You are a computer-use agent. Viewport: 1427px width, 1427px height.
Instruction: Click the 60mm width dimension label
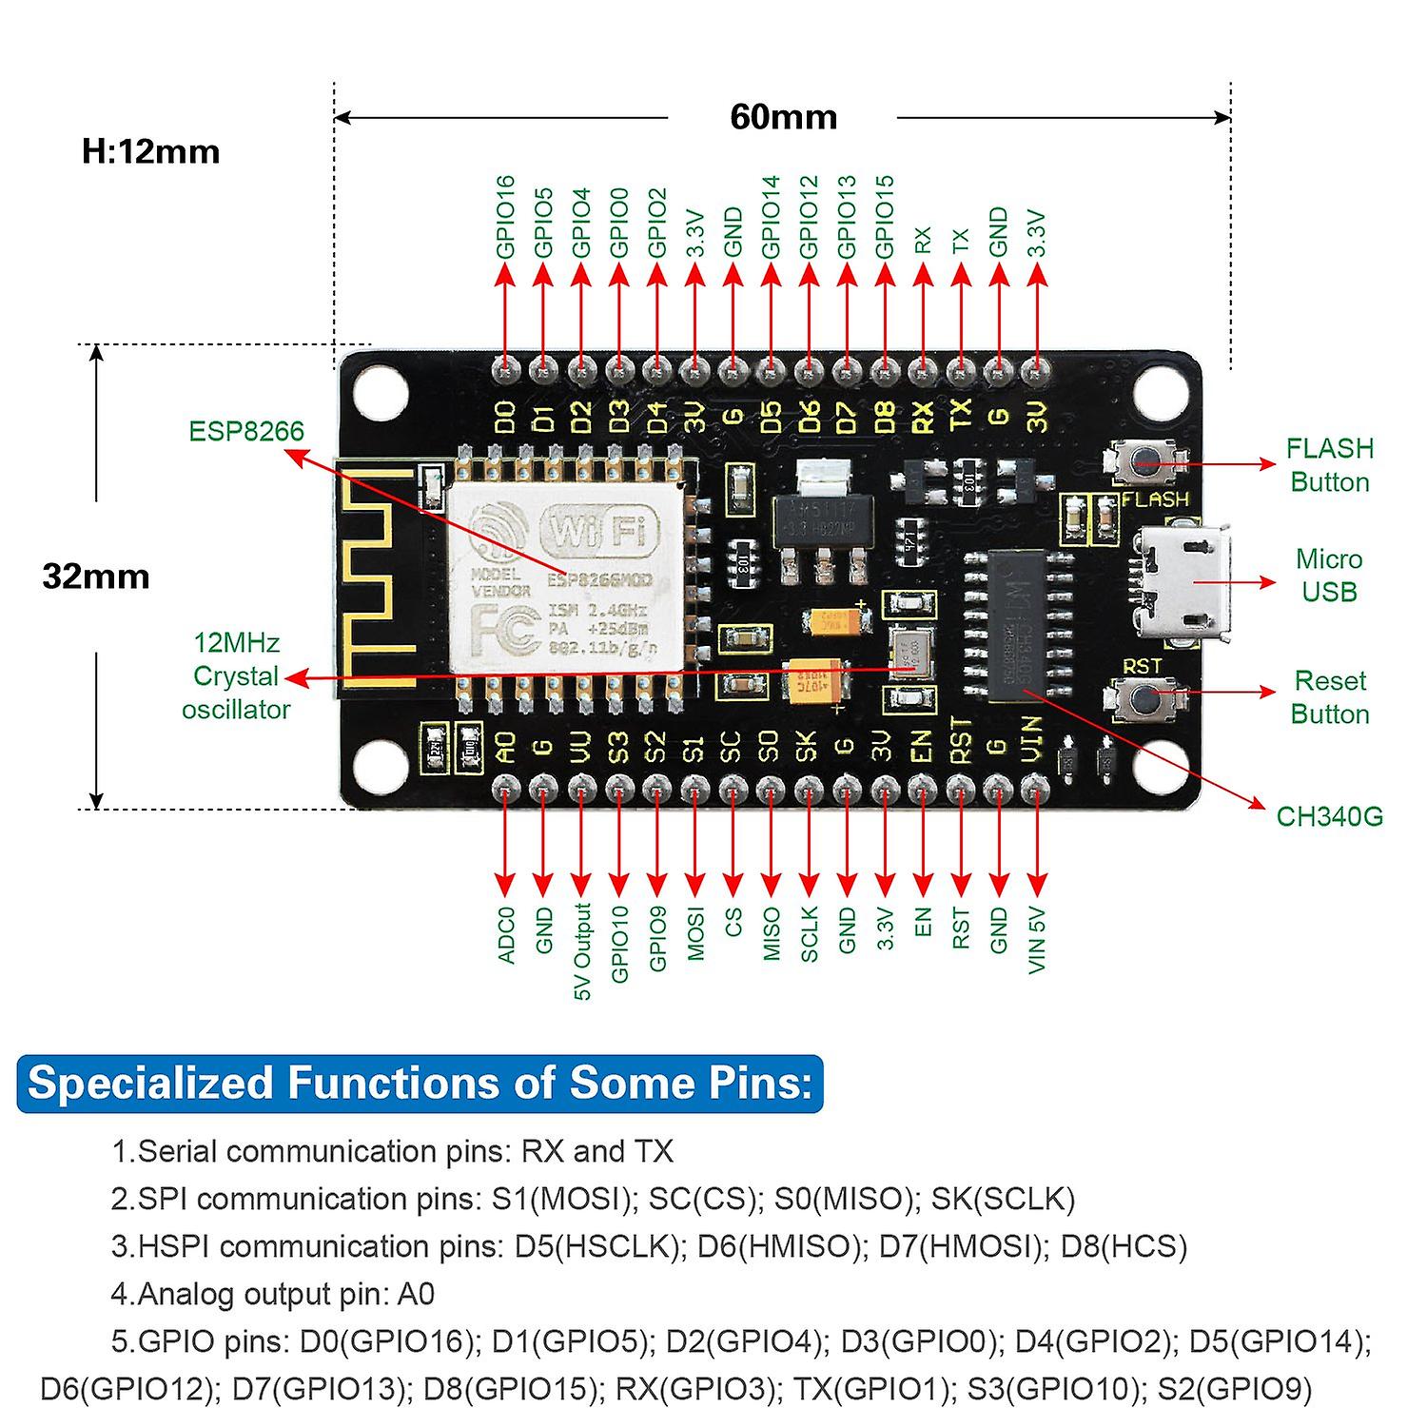[x=783, y=117]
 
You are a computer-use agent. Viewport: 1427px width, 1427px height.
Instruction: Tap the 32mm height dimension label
[x=96, y=577]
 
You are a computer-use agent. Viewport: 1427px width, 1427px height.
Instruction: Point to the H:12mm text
[x=150, y=151]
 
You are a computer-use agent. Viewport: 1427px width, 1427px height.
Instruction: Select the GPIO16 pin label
[x=505, y=217]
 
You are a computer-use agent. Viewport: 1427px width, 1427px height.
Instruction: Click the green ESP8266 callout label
[x=246, y=431]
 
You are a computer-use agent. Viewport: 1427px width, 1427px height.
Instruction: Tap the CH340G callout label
[x=1329, y=816]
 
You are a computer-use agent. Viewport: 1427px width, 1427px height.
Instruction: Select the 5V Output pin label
[x=582, y=950]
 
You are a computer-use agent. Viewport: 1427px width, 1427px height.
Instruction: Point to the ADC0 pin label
[x=505, y=934]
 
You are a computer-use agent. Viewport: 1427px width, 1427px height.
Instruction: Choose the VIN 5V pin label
[x=1037, y=940]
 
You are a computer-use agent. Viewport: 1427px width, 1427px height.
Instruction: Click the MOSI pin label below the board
[x=695, y=933]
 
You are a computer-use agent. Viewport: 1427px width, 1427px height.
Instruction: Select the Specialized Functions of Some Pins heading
[x=420, y=1083]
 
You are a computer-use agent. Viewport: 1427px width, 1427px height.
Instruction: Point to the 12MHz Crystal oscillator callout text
[x=235, y=676]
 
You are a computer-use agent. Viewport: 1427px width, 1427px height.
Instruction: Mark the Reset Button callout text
[x=1329, y=697]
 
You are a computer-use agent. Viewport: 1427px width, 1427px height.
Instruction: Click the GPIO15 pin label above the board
[x=885, y=217]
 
